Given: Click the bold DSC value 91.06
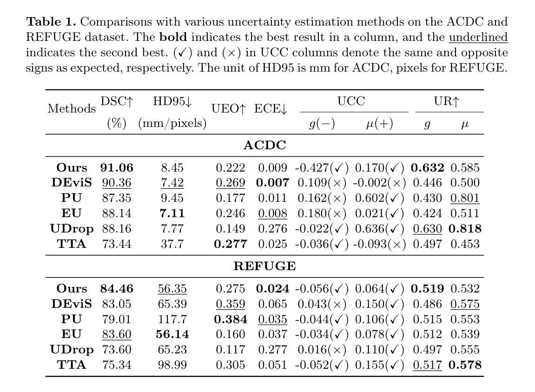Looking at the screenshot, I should tap(116, 168).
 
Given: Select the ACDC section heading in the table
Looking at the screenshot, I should tap(264, 146).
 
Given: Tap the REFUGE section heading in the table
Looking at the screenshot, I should tap(264, 266).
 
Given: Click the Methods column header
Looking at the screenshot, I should tap(72, 109).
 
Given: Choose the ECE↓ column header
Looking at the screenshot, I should tap(271, 109).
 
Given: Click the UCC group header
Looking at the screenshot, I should tap(351, 101).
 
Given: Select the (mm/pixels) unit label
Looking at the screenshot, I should tap(172, 124).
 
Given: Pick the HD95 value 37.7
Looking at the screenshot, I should tap(172, 244).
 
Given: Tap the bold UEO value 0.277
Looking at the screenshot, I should tap(231, 244).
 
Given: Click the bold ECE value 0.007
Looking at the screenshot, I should tap(272, 183).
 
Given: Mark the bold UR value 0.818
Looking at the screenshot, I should tap(465, 229).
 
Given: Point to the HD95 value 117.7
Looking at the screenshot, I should tap(172, 319).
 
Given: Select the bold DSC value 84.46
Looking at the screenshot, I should tap(117, 289).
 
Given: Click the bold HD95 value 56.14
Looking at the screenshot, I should tap(172, 334).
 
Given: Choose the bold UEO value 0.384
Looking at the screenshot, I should tap(231, 319).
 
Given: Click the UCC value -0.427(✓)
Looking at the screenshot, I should tap(322, 168).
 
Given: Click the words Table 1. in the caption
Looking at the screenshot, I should tap(52, 22).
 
